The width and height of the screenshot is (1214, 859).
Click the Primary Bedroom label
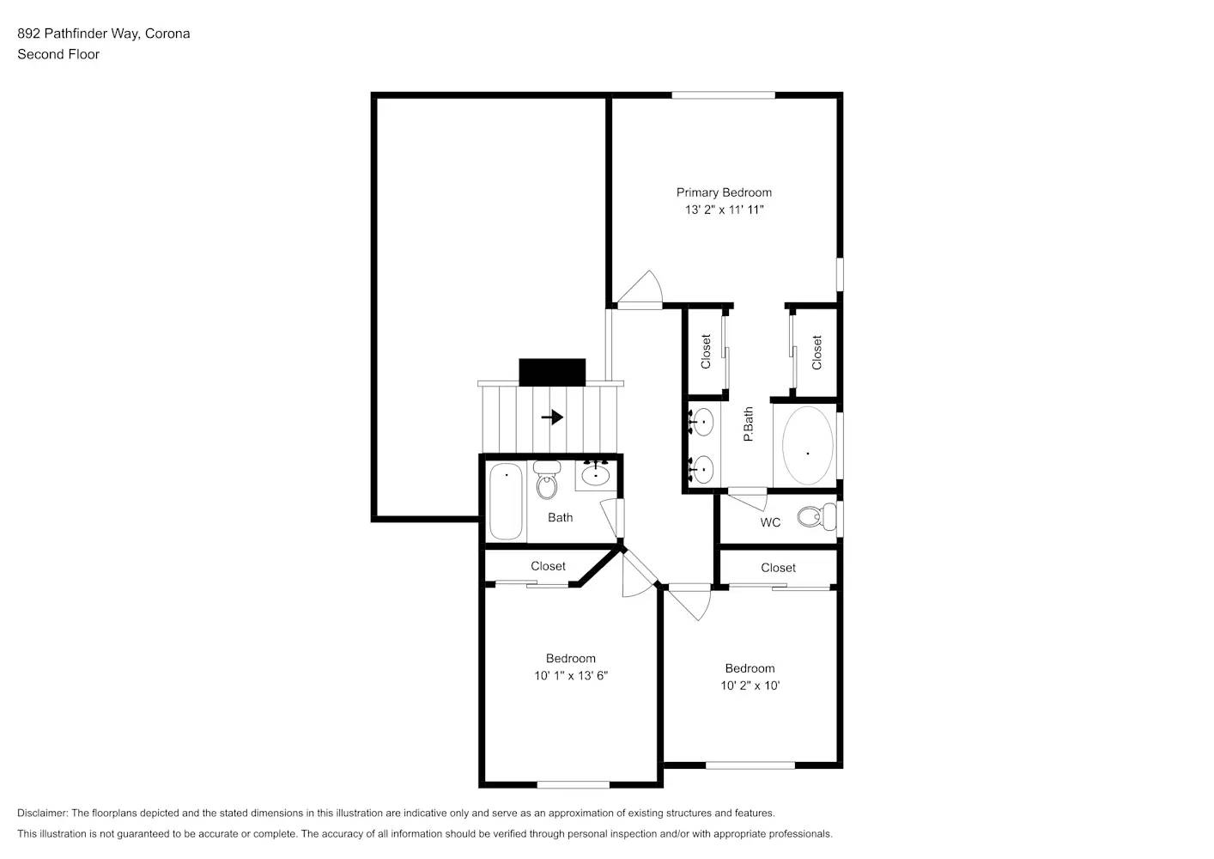tap(724, 192)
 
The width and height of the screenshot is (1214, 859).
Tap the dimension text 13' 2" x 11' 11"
tap(724, 210)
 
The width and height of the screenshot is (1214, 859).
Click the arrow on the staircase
tap(552, 417)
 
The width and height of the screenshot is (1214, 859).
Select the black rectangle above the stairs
tap(552, 372)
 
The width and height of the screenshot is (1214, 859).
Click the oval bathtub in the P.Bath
tap(807, 446)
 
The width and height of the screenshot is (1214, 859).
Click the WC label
tap(770, 522)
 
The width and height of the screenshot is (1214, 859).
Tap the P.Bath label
tap(748, 424)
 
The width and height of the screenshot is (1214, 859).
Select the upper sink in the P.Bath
tap(702, 422)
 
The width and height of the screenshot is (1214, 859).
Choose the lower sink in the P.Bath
tap(702, 469)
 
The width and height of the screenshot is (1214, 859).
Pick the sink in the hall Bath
tap(595, 473)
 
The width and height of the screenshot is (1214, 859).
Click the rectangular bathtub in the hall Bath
tap(506, 501)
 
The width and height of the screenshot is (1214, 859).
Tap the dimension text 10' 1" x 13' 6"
tap(571, 676)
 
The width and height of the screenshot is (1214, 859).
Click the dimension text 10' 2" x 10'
tap(750, 685)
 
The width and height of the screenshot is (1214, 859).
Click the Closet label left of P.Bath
tap(706, 351)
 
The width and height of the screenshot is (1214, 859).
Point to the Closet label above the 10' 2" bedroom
tap(778, 568)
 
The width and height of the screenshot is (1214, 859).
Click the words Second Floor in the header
tap(58, 54)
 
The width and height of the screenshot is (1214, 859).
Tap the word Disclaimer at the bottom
tap(42, 813)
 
